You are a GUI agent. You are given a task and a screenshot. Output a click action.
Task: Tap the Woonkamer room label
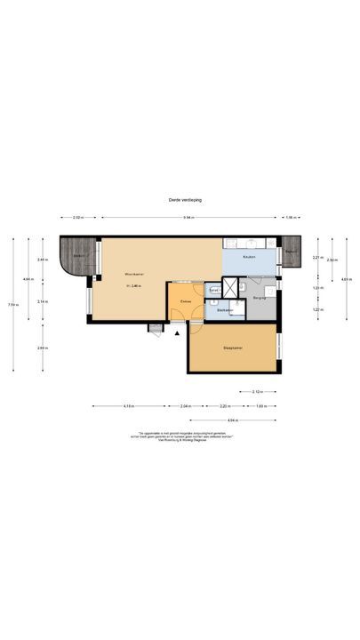(133, 273)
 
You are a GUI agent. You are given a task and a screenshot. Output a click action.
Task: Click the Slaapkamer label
(233, 349)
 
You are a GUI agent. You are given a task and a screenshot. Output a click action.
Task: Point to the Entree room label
(186, 302)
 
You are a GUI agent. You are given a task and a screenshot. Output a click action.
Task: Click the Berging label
(260, 299)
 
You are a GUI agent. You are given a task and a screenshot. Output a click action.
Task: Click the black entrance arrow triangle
(178, 333)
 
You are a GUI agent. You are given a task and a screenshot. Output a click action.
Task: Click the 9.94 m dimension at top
(188, 218)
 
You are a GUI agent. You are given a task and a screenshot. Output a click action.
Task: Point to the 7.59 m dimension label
(12, 305)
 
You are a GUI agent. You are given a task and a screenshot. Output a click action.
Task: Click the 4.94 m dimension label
(232, 420)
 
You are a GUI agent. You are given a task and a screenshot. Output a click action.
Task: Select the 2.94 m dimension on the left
(42, 348)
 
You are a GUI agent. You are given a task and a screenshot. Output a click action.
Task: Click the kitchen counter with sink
(251, 244)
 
